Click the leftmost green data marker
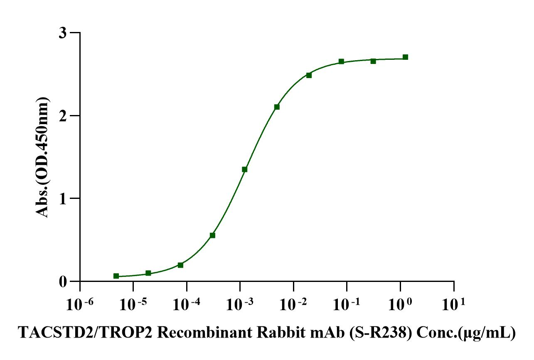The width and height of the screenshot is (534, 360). pyautogui.click(x=116, y=276)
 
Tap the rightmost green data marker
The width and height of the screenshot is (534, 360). pyautogui.click(x=405, y=57)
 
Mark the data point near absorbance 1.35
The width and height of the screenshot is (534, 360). pyautogui.click(x=245, y=169)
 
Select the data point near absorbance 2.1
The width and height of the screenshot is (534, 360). pyautogui.click(x=277, y=107)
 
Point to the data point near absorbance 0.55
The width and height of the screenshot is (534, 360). pyautogui.click(x=212, y=235)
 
